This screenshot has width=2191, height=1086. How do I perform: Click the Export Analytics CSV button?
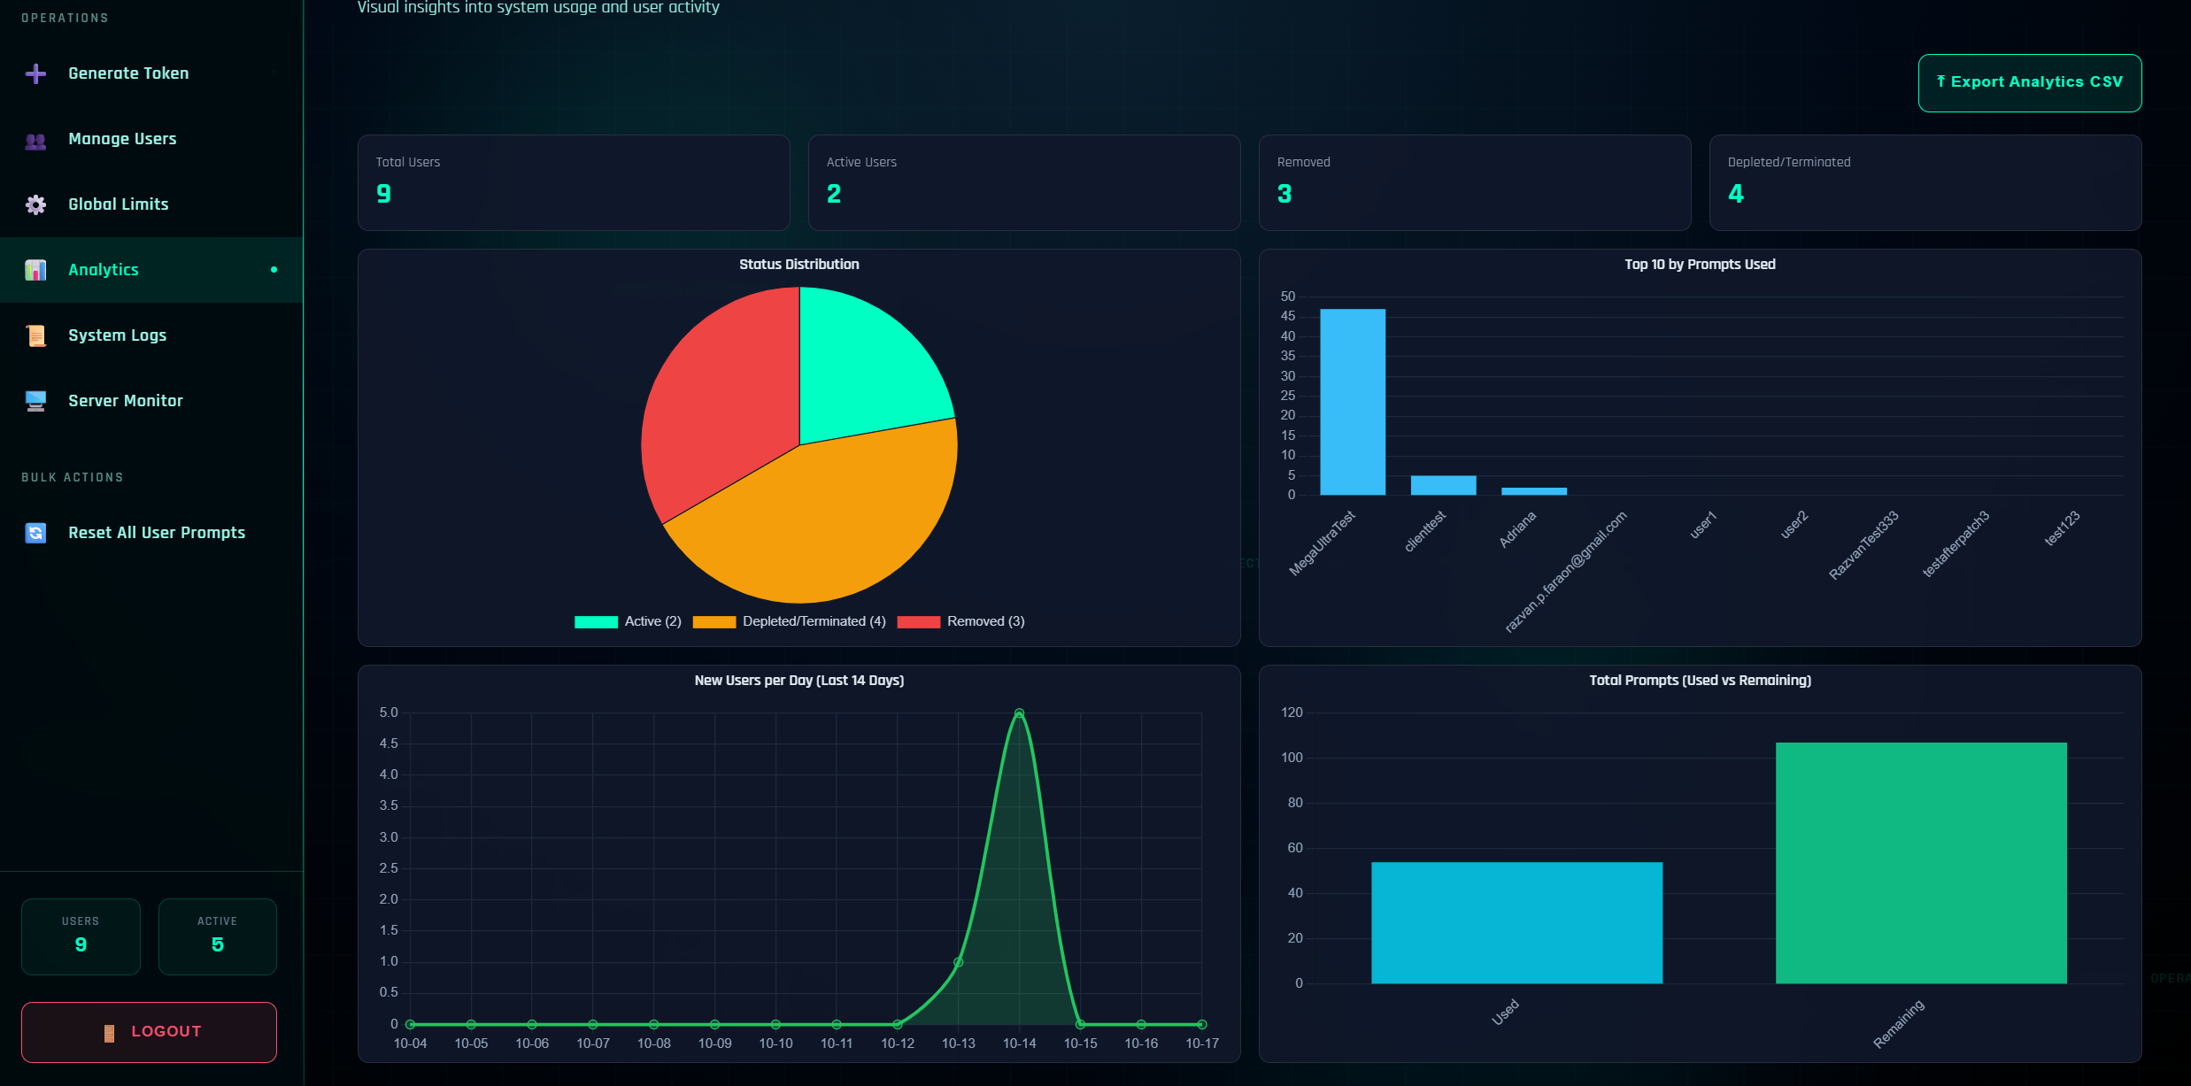tap(2029, 82)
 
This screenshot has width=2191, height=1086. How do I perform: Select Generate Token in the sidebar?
tap(128, 73)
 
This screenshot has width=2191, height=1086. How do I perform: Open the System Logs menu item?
tap(117, 335)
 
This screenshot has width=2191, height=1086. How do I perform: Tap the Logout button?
tap(149, 1031)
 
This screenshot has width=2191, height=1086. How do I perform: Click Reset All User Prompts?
tap(156, 533)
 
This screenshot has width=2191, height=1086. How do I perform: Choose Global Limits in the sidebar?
tap(118, 204)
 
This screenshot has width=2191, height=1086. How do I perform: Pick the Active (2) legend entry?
tap(629, 621)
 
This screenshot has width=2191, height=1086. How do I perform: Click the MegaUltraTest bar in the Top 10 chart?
tap(1352, 402)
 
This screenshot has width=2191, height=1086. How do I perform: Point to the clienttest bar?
tap(1443, 485)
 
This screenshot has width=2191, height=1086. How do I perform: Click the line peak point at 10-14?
tap(1019, 713)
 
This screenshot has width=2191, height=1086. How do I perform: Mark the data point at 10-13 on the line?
tap(958, 962)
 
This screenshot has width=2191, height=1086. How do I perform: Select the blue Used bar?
tap(1516, 922)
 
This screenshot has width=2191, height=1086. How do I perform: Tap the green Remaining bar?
tap(1920, 863)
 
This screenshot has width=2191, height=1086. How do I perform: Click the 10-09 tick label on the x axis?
tap(714, 1044)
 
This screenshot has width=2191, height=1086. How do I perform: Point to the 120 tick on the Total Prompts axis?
tap(1292, 712)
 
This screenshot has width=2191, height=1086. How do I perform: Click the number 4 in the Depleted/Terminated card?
tap(1735, 194)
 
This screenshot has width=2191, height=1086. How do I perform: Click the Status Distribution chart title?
tap(798, 265)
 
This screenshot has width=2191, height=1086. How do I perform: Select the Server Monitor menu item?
tap(125, 401)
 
